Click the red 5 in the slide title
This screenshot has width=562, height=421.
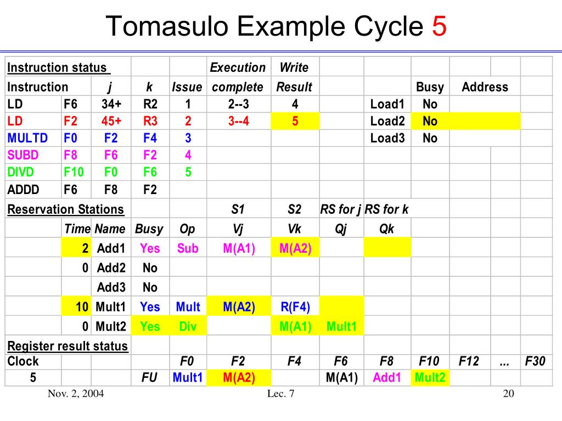[439, 27]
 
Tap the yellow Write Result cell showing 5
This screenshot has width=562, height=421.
[295, 121]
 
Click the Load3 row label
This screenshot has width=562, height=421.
[387, 138]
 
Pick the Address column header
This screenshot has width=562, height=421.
[485, 87]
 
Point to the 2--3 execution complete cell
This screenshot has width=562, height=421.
[238, 104]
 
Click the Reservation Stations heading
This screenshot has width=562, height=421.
[65, 209]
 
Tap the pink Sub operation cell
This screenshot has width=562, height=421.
[188, 248]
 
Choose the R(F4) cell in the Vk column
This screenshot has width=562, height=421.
[295, 307]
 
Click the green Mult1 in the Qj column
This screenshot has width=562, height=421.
[341, 327]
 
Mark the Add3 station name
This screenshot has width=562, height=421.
[111, 287]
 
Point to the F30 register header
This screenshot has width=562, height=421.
[535, 361]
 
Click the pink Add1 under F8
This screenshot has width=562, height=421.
[387, 378]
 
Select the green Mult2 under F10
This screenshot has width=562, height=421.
[430, 378]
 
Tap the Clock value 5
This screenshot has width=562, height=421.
[33, 378]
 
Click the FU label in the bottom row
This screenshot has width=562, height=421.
[150, 378]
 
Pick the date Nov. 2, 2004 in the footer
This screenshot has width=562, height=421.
[76, 394]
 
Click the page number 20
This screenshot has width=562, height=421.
[508, 394]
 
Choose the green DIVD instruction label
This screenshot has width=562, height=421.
[21, 172]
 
